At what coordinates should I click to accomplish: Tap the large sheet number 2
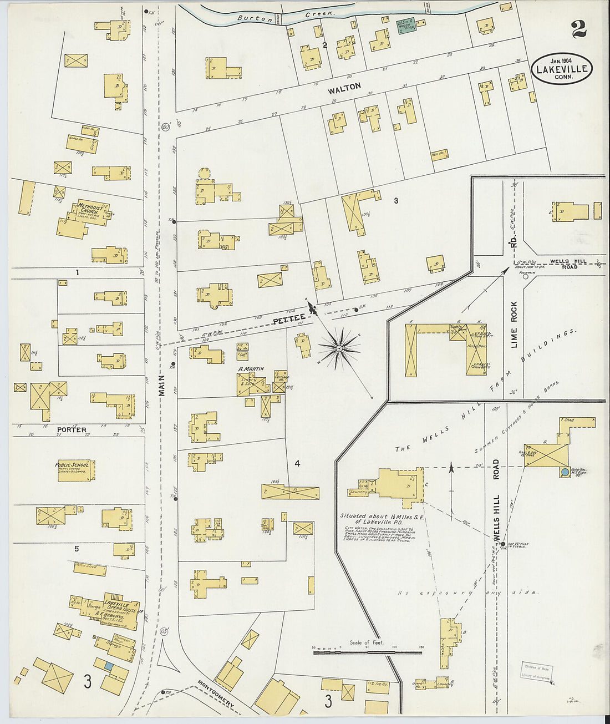(579, 28)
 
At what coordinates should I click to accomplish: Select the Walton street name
(344, 88)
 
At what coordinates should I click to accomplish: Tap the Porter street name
(72, 430)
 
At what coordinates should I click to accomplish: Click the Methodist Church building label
(89, 207)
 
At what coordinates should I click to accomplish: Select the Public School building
(75, 469)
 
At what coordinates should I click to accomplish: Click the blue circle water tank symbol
(565, 473)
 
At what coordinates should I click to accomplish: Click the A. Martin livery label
(251, 369)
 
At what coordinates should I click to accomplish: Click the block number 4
(297, 463)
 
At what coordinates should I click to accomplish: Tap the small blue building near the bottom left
(109, 665)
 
